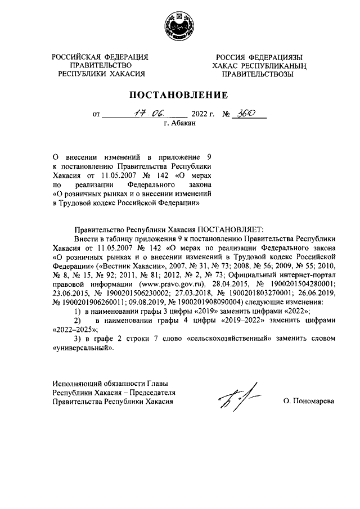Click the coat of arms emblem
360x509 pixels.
pos(179,25)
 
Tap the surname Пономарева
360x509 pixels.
pos(309,402)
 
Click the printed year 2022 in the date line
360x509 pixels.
pos(200,114)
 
